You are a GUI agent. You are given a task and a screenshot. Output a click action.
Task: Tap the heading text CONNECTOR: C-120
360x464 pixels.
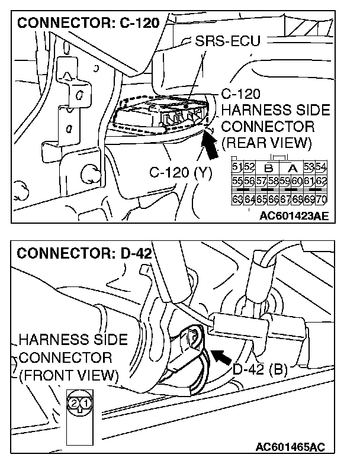tap(89, 24)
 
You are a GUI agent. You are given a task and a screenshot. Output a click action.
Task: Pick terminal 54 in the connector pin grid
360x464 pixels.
tap(322, 166)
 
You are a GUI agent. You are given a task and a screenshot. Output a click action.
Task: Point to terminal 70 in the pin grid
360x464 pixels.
tap(322, 198)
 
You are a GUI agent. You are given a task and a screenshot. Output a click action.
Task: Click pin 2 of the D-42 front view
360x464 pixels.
tap(73, 403)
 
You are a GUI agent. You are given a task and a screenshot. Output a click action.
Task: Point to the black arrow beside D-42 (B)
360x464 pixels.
tap(221, 356)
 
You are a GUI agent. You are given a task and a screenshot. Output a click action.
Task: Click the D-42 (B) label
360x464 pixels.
tap(260, 370)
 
